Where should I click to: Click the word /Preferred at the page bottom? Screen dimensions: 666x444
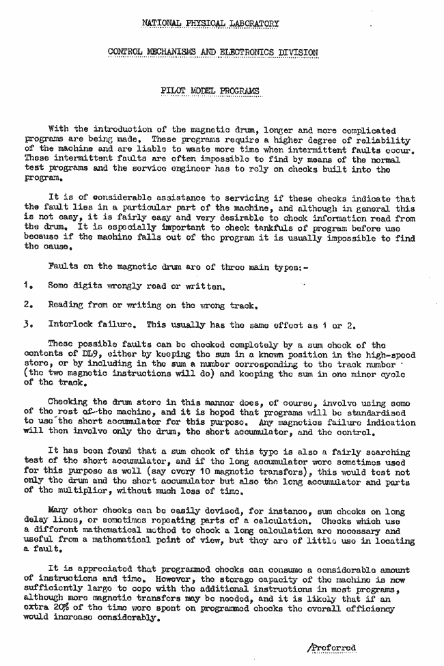332,648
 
